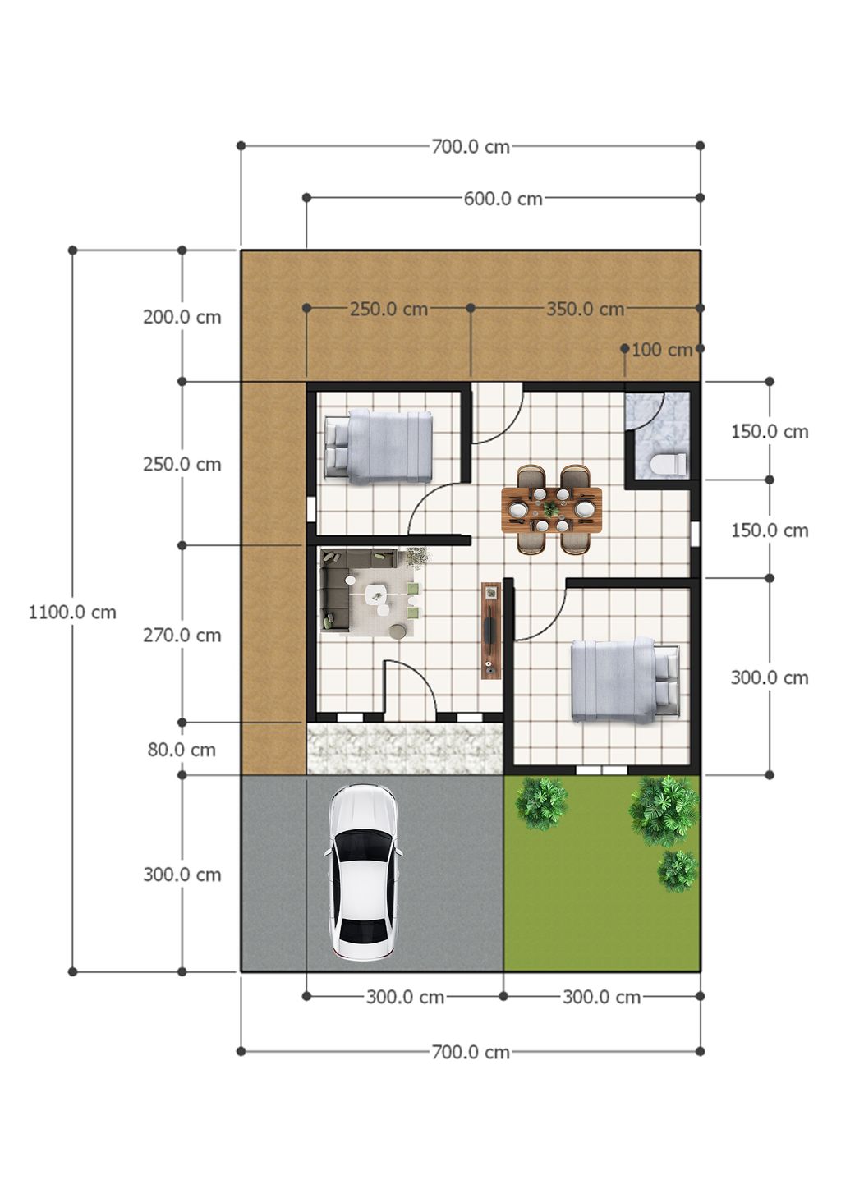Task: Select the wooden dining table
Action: coord(552,510)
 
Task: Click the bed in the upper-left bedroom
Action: coord(378,447)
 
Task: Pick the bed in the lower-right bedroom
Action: coord(625,680)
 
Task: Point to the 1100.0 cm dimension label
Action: coord(72,613)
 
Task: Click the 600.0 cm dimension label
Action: coord(503,199)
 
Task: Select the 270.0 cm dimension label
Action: coord(182,636)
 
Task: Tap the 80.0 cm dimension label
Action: coord(182,750)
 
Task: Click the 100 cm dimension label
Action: coord(662,350)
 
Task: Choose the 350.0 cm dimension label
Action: coord(585,309)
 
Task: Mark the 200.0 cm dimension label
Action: coord(182,318)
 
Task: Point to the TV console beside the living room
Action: coord(491,630)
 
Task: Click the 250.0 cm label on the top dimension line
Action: coord(388,309)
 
